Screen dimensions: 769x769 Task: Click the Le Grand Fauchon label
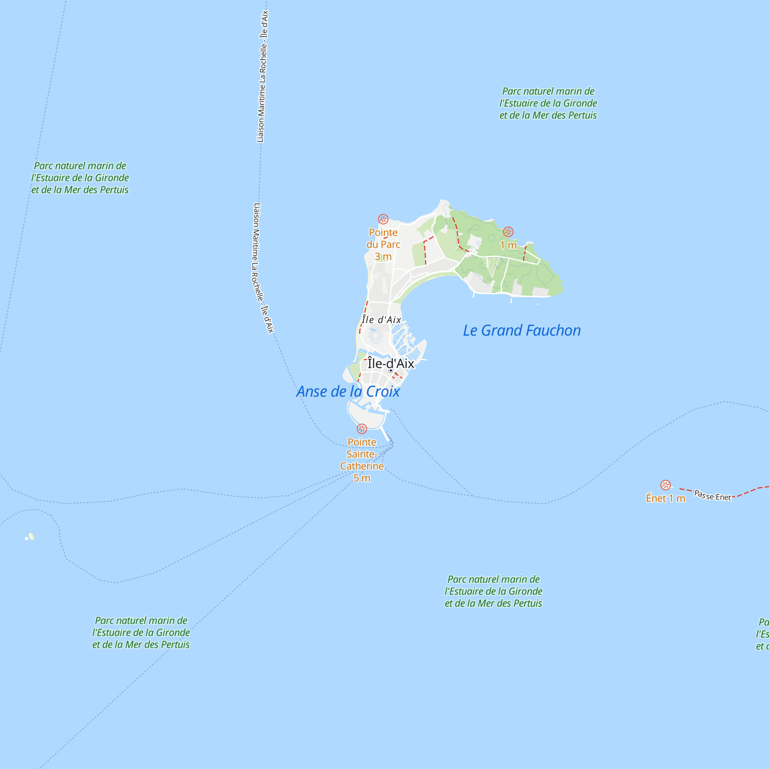point(521,330)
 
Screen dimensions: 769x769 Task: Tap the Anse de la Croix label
point(348,392)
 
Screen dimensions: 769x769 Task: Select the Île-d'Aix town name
point(391,363)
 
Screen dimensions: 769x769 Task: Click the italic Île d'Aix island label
point(381,320)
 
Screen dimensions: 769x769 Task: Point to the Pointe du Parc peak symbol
point(383,219)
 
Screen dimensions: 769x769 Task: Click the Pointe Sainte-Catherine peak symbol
point(362,429)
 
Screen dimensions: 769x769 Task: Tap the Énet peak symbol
point(666,485)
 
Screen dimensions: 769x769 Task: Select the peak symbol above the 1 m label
point(508,231)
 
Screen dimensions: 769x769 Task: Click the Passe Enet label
point(712,496)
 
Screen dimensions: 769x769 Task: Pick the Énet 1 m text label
point(666,498)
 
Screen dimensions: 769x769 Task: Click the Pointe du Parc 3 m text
point(383,245)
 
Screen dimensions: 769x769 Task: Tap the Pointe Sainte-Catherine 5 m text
point(362,460)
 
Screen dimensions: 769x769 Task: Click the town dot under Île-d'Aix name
point(391,371)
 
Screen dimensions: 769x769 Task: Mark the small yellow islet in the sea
point(30,537)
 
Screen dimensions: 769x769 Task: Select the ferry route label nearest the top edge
point(262,76)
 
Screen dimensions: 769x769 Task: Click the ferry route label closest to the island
point(262,268)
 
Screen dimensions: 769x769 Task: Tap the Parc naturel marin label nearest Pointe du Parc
point(80,178)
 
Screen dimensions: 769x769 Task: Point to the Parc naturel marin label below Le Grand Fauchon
point(493,591)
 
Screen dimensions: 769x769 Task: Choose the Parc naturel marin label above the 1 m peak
point(548,103)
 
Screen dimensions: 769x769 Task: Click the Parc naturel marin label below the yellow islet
point(141,633)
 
